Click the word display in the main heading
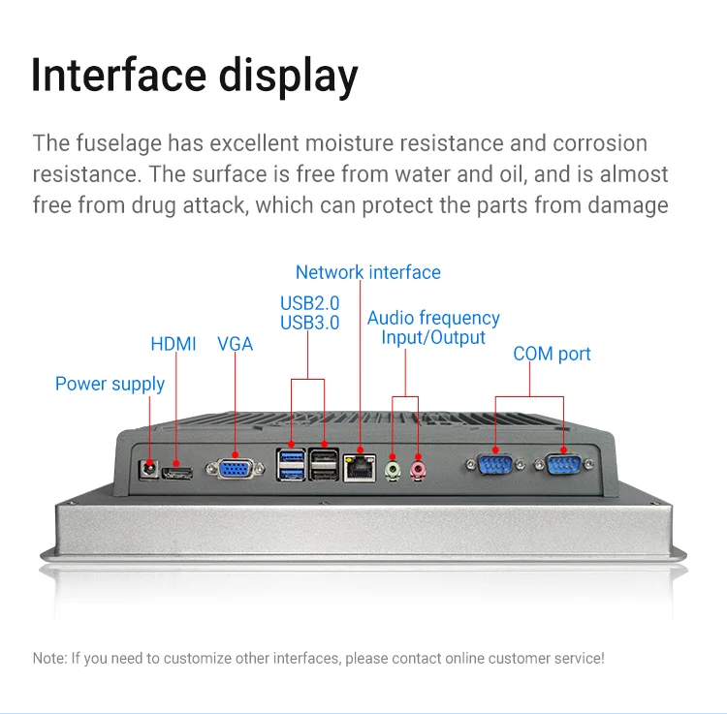tap(288, 76)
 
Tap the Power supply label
tap(110, 384)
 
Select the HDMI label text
tap(174, 344)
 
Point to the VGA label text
tap(235, 344)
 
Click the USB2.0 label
tap(309, 303)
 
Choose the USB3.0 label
tap(309, 323)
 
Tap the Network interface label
tap(367, 272)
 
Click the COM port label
tap(552, 354)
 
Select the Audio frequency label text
tap(433, 318)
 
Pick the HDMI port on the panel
tap(177, 472)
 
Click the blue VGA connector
tap(235, 468)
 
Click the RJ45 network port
tap(362, 466)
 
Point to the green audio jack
tap(393, 471)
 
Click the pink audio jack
tap(418, 470)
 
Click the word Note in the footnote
tap(49, 658)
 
